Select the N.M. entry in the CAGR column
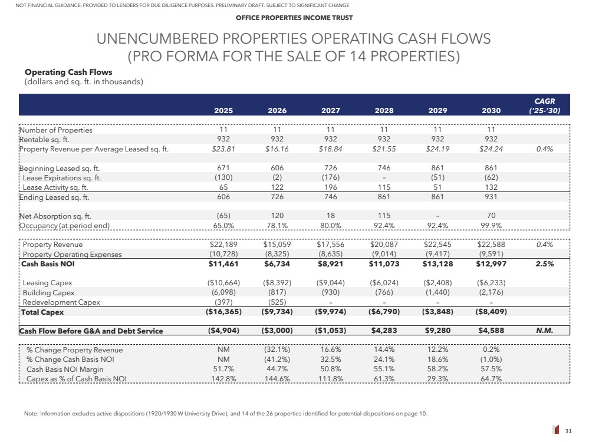pos(544,331)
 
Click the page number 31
pos(568,431)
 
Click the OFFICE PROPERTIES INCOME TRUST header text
pos(294,18)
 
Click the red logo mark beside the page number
pos(555,431)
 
